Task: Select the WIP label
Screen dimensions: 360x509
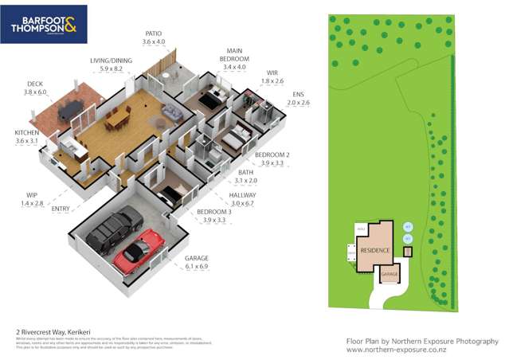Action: (32, 193)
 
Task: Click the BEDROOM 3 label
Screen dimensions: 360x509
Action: (213, 211)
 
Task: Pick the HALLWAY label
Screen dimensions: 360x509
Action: (243, 194)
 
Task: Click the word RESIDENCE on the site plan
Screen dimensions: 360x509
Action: (374, 251)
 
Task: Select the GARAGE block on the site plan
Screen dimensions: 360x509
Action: (388, 274)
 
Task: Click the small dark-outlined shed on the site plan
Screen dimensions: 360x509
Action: (409, 252)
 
